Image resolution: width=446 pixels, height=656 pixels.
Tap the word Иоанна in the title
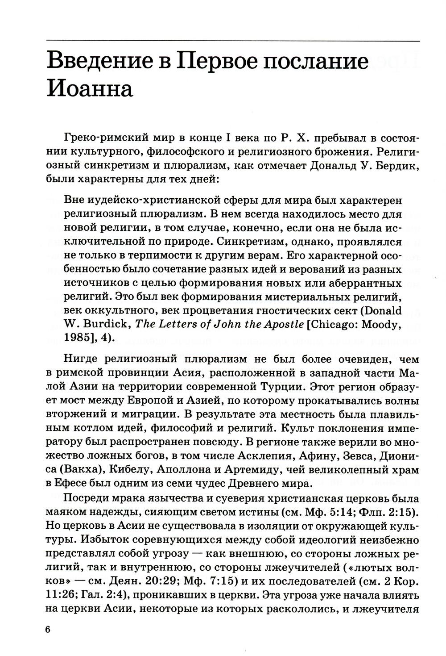pos(90,89)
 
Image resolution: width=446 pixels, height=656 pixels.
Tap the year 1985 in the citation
pos(78,338)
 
